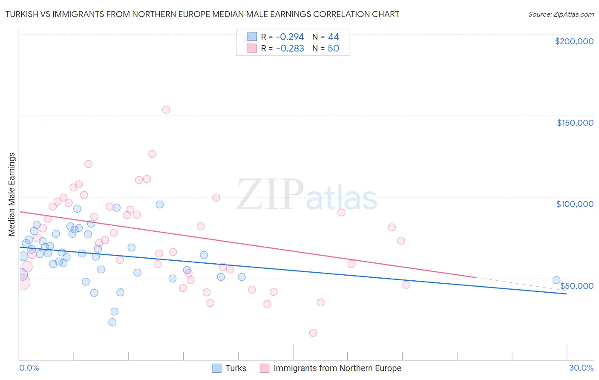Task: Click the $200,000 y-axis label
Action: tap(574, 41)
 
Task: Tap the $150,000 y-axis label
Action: tap(575, 123)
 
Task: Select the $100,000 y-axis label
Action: tap(575, 204)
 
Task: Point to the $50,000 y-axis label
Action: tap(576, 286)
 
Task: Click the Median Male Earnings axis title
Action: tap(12, 194)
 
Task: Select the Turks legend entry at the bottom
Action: tap(236, 368)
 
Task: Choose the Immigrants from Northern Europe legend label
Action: tap(337, 368)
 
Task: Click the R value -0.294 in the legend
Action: tap(290, 37)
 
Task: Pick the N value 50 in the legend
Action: tap(333, 49)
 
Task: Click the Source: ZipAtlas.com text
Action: tap(561, 14)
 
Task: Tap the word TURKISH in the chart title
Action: tap(24, 14)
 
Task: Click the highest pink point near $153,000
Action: tap(166, 110)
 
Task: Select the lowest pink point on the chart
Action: tap(313, 333)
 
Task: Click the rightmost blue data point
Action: tap(556, 280)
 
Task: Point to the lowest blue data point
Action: tap(112, 322)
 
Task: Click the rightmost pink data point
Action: tap(406, 285)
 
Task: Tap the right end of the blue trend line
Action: tap(567, 294)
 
